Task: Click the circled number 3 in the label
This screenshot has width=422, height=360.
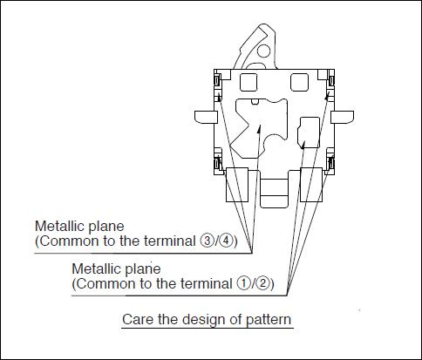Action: [x=206, y=241]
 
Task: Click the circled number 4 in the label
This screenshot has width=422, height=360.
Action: [x=226, y=241]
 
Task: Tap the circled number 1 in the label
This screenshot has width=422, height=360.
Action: [x=243, y=283]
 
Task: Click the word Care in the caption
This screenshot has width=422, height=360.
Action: [x=138, y=319]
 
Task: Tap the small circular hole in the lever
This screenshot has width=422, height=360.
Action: [x=264, y=51]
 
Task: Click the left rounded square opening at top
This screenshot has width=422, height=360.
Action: [x=248, y=82]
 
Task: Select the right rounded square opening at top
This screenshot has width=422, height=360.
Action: [x=299, y=82]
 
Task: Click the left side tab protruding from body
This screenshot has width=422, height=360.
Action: [x=206, y=116]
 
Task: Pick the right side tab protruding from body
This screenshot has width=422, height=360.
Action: [x=343, y=116]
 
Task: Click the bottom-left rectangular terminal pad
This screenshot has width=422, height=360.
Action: [x=237, y=185]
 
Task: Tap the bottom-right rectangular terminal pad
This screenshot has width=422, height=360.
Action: [x=311, y=185]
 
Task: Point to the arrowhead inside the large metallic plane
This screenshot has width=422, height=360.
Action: [x=259, y=129]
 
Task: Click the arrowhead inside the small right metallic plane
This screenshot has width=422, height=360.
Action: [x=303, y=145]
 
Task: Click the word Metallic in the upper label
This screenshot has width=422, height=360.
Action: [x=59, y=226]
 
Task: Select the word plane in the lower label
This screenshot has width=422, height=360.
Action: [x=143, y=269]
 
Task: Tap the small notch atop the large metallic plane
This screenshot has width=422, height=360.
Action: [x=255, y=101]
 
